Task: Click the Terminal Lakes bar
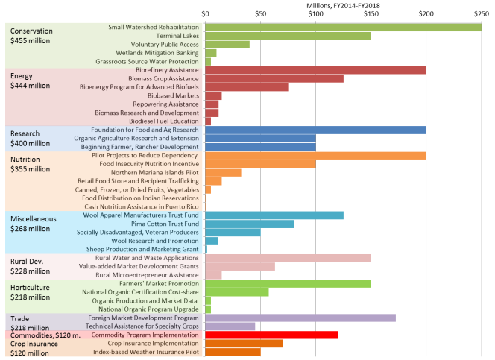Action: [287, 36]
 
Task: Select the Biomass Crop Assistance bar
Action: [274, 78]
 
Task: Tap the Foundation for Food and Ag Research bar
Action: [315, 130]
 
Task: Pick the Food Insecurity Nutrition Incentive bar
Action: [259, 164]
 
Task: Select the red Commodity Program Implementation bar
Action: [271, 335]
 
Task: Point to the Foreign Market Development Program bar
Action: [300, 318]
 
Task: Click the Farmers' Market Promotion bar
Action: [287, 283]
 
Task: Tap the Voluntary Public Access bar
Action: [227, 45]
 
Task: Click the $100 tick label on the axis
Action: [315, 14]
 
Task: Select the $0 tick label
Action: [205, 14]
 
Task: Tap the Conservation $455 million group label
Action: [31, 37]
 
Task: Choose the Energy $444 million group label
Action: [29, 81]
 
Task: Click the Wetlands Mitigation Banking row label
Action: [156, 53]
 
